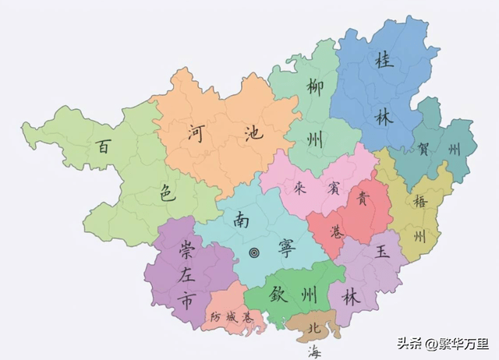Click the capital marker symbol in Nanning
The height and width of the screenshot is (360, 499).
tap(254, 252)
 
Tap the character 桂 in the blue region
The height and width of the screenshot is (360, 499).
tap(384, 59)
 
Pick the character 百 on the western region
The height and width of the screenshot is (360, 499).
tap(102, 146)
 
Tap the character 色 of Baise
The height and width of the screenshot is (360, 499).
tap(168, 194)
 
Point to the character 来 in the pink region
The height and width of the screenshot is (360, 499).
tap(299, 188)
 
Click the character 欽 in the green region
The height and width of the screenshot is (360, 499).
tap(279, 295)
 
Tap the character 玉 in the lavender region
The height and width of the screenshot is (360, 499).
tap(382, 252)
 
